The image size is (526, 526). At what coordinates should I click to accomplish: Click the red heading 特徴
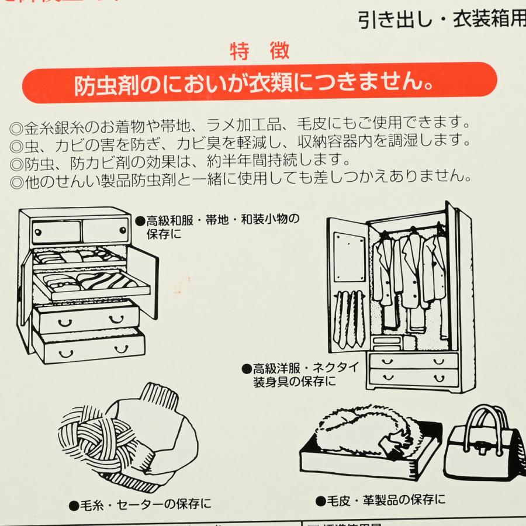point(259,52)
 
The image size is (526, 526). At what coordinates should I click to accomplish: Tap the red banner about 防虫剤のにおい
point(259,84)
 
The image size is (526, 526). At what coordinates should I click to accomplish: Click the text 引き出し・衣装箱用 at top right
point(442,21)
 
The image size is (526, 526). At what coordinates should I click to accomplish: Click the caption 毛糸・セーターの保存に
point(140,504)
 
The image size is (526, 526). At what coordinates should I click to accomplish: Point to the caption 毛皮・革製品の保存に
point(380,500)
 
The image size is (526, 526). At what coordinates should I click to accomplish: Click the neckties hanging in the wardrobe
point(349,319)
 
